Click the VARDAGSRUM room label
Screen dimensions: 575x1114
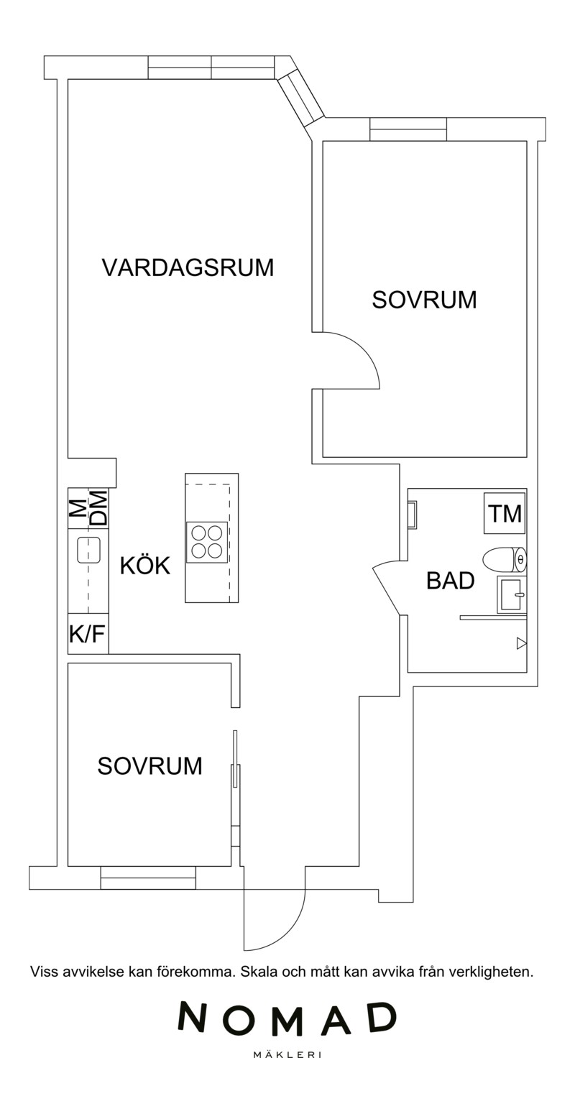click(188, 267)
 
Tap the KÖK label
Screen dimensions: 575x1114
click(144, 566)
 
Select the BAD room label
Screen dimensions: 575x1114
click(450, 581)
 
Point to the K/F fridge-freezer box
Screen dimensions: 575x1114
click(88, 633)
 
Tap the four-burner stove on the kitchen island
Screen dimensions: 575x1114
click(206, 542)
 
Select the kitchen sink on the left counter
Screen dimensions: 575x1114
click(89, 550)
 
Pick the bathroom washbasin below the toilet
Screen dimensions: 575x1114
click(511, 595)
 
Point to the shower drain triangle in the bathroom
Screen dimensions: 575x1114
click(521, 643)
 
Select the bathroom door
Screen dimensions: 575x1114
click(385, 590)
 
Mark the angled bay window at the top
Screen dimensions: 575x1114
click(300, 99)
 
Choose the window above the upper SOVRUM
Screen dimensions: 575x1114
click(408, 129)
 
